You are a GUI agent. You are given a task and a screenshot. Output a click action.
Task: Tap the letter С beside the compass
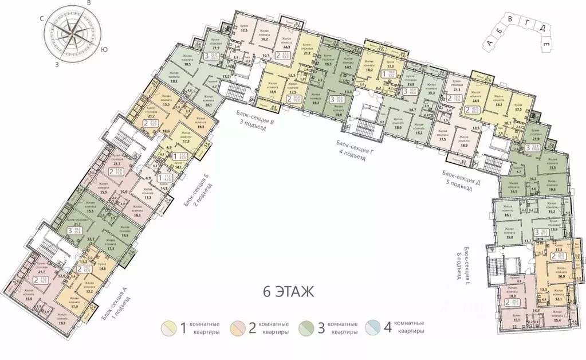(x=42, y=18)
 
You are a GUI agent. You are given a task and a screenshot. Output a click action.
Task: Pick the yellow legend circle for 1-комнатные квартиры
(x=169, y=329)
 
